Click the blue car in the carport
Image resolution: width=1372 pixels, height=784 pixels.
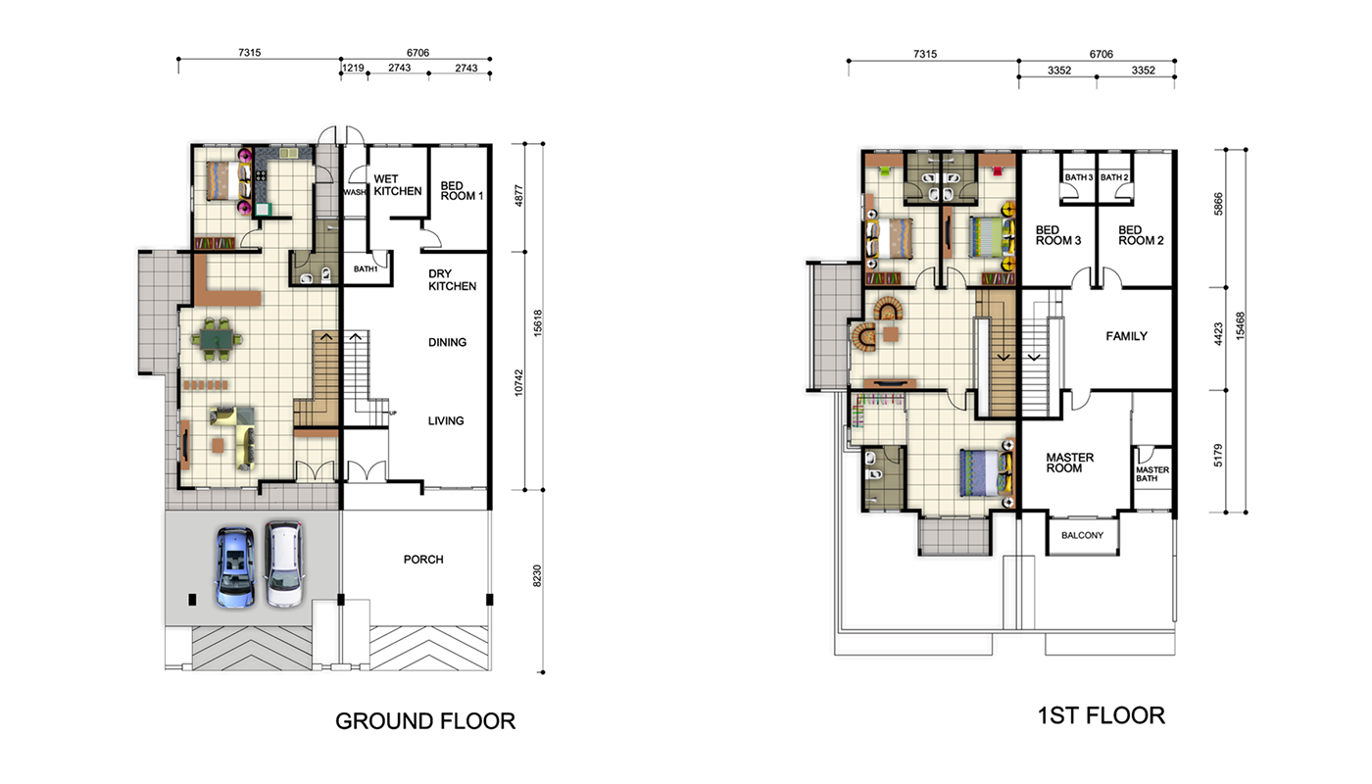click(234, 567)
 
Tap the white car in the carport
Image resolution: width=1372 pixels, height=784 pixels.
click(285, 564)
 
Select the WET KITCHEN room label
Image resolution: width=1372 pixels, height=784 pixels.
click(398, 185)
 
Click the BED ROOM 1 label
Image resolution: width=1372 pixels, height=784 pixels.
click(462, 190)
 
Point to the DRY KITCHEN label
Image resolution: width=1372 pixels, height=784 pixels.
click(452, 280)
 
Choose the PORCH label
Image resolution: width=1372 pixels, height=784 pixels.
click(423, 560)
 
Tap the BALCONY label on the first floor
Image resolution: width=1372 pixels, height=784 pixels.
click(1082, 535)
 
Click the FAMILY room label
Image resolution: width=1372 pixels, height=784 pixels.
click(1126, 336)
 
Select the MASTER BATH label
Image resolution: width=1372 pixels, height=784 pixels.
click(1152, 474)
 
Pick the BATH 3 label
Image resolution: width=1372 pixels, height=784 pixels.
click(1079, 177)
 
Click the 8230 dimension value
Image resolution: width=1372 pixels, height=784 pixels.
click(537, 576)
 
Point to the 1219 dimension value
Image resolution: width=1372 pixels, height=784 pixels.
click(354, 68)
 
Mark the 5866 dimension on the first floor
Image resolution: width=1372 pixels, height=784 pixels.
click(1218, 204)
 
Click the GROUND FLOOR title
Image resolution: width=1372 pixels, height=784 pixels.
click(425, 721)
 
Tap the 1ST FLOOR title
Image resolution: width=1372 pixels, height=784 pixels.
click(1102, 716)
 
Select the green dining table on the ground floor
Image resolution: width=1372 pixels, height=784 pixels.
click(217, 338)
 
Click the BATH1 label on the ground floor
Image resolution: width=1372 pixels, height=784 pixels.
click(366, 269)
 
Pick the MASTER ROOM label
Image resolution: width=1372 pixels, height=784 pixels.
click(1069, 463)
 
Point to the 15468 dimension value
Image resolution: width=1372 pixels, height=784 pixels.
click(1241, 325)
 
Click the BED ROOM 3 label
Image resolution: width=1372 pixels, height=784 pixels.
click(1058, 235)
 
